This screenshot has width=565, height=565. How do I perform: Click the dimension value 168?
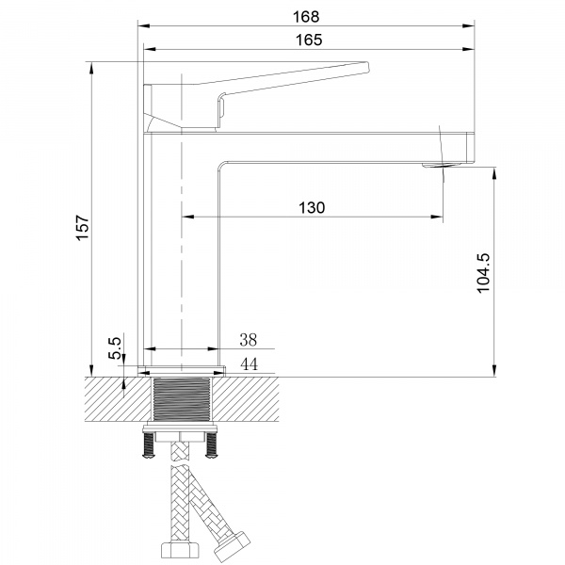tap(306, 16)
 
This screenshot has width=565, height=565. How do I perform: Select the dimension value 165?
tap(306, 39)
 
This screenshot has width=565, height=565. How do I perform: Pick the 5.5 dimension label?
tap(114, 349)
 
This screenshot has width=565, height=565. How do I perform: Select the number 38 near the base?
tap(249, 340)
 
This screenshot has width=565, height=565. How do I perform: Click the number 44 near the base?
tap(249, 364)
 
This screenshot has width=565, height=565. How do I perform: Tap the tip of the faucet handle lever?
tap(365, 67)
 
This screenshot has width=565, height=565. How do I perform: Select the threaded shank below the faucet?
tap(184, 400)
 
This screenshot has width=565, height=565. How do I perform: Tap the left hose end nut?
tap(177, 552)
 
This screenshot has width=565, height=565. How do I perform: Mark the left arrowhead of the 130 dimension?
tap(186, 218)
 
